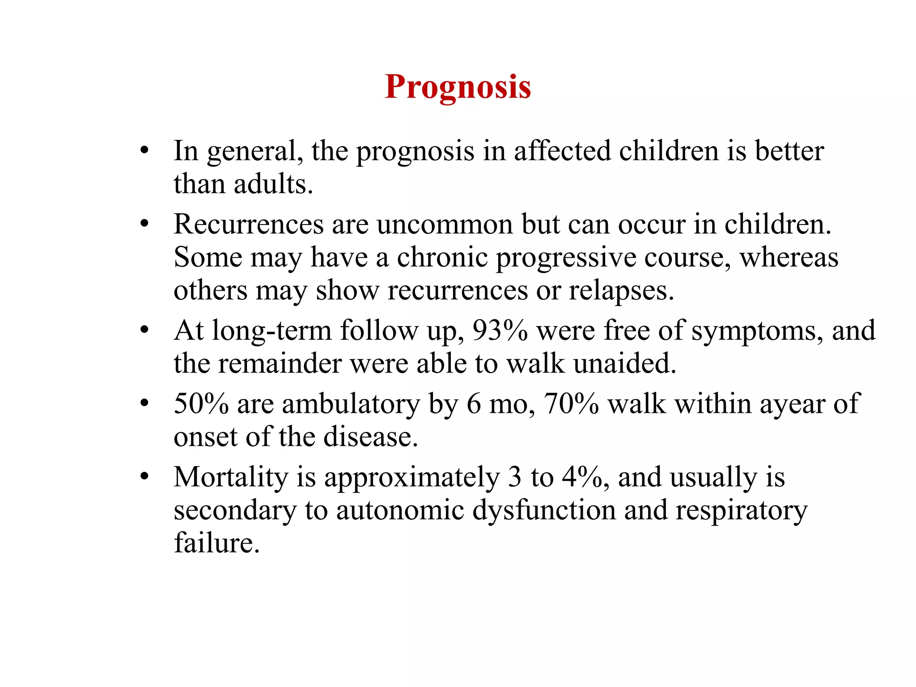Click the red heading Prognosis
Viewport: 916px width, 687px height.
[x=458, y=87]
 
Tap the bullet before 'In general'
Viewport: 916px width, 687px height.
[x=144, y=151]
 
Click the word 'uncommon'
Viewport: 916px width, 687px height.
[x=445, y=224]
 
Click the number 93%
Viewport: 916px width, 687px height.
[x=500, y=331]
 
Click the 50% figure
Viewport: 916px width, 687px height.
[x=201, y=404]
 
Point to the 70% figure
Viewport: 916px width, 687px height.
[x=571, y=404]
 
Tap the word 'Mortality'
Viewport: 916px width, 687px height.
[x=231, y=478]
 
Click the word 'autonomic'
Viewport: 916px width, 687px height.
[x=400, y=510]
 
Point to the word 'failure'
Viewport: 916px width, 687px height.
[x=216, y=543]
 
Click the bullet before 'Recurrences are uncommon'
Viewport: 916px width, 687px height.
[x=144, y=224]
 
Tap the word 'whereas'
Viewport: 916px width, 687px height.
[x=789, y=258]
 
